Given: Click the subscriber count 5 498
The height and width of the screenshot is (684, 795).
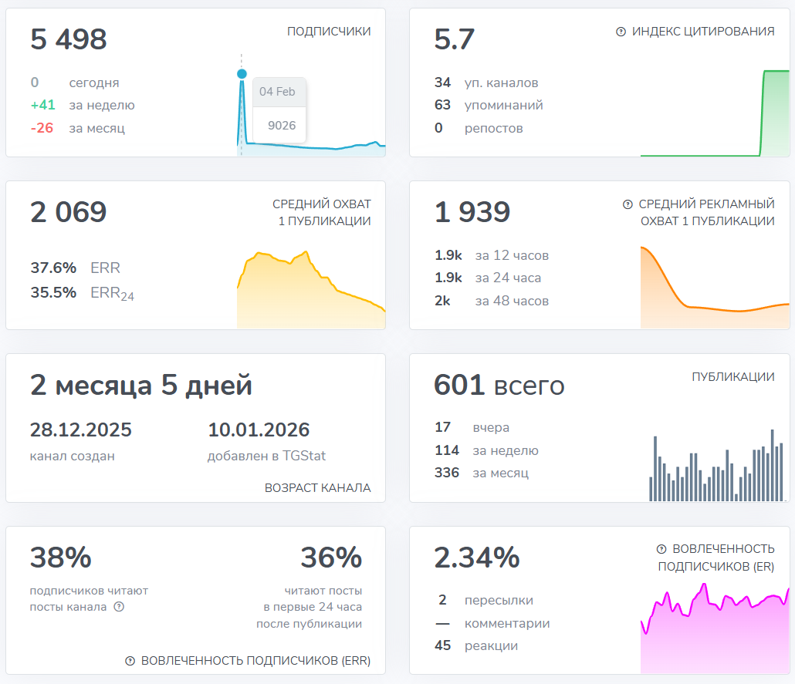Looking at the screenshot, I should pos(69,39).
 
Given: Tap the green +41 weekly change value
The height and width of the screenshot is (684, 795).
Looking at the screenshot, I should pos(42,106).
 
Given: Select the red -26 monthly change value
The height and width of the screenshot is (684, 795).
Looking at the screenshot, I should pos(42,128).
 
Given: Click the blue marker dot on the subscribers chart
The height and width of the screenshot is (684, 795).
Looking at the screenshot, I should pos(242,74).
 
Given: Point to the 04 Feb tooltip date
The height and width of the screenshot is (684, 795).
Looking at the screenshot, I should pos(277,92).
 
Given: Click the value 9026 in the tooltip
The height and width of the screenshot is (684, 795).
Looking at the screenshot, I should pos(282,125).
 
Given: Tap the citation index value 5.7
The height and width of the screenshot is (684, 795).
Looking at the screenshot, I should pos(455,39).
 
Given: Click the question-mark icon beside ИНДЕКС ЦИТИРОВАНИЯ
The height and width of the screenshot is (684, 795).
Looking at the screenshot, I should pos(621,32).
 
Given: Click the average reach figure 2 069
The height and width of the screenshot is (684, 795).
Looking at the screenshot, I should pos(69,212).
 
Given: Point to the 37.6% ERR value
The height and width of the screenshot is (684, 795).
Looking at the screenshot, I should pos(53,268).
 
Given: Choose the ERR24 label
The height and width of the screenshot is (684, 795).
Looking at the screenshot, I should pos(112,293).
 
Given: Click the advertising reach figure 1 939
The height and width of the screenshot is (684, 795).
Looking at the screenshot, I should pos(472,212).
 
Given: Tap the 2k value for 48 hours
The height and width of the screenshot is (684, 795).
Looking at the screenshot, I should pos(442,301).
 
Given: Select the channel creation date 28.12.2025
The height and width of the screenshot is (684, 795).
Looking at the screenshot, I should pos(81,430).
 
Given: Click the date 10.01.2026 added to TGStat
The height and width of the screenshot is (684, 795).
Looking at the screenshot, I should pos(259,430).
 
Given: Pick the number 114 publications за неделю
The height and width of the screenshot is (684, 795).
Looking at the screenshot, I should pos(447,450).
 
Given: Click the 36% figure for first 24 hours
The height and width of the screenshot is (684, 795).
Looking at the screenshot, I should pos(331,558).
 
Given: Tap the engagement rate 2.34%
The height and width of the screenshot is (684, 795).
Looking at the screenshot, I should pos(477,558).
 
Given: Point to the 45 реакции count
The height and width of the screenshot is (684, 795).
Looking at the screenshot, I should pos(443,645).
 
